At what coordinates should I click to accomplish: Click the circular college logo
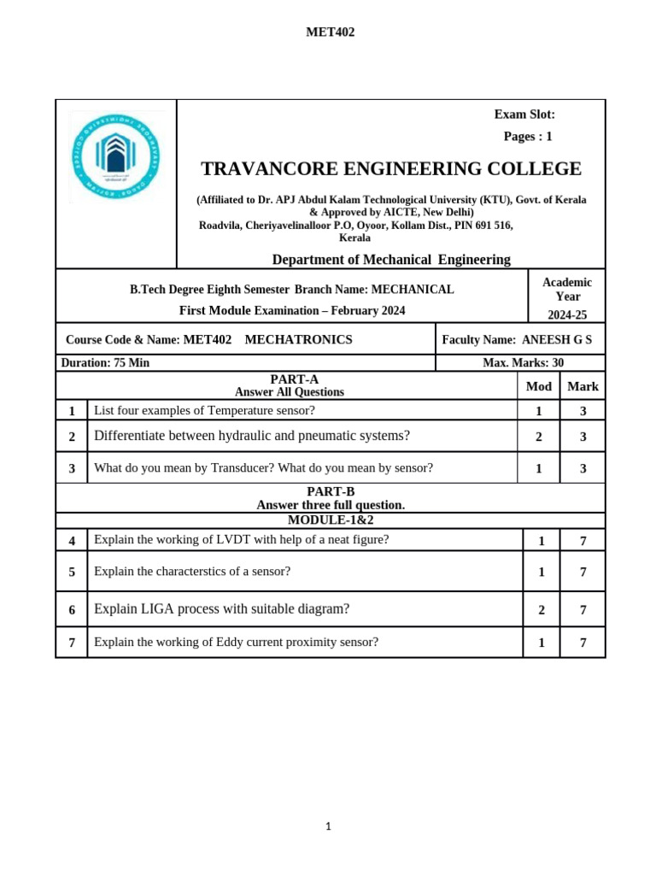(114, 157)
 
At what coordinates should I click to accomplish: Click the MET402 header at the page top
(330, 32)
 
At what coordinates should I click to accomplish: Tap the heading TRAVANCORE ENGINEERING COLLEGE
(390, 169)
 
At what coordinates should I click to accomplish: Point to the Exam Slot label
(524, 115)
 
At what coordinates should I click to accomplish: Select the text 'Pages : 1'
(528, 137)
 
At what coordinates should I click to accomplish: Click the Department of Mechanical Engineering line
(390, 260)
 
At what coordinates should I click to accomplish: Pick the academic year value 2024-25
(567, 315)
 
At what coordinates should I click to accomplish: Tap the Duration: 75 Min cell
(105, 363)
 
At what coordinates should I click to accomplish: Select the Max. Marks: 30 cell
(523, 363)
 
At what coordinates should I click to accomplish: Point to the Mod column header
(538, 386)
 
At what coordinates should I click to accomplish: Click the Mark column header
(583, 386)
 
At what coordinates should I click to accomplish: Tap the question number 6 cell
(72, 610)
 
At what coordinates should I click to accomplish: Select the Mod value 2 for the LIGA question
(542, 610)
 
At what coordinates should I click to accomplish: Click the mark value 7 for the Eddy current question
(583, 643)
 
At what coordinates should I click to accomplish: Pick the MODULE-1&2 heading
(331, 520)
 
